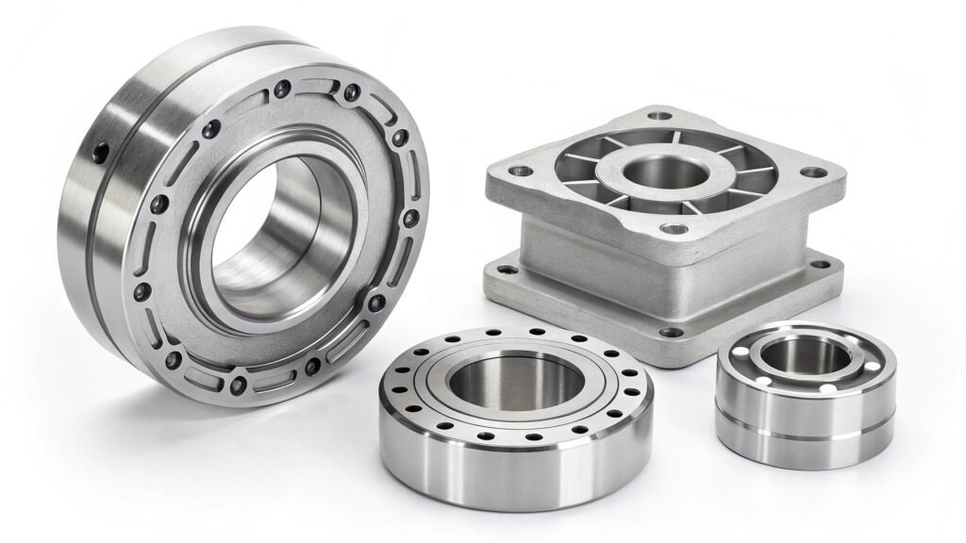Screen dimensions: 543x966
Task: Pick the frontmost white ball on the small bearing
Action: pos(826,388)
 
